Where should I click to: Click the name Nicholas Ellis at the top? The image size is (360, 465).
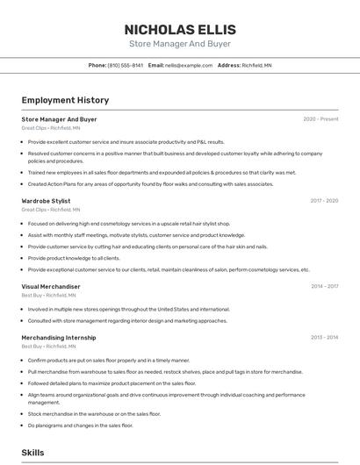[180, 29]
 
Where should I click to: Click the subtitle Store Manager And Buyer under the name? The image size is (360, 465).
[180, 43]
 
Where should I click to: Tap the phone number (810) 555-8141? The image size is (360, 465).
[125, 65]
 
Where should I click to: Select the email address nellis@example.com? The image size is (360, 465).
[189, 65]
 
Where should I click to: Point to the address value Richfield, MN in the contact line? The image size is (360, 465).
[256, 65]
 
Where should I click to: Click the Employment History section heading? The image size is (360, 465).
[65, 100]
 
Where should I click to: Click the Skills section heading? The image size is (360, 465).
[32, 453]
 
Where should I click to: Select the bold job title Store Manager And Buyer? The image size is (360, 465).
[59, 119]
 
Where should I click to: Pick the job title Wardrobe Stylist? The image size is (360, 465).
[46, 201]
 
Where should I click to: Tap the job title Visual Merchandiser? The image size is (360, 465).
[50, 286]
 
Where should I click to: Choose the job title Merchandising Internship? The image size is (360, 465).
[58, 337]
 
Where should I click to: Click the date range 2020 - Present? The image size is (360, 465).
[320, 119]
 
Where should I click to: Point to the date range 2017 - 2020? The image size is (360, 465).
[324, 201]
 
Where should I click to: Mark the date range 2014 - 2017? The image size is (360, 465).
[324, 286]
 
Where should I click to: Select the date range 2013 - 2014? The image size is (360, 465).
[324, 337]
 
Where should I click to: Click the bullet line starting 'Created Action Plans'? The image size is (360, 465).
[150, 184]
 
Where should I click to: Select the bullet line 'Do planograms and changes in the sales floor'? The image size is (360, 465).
[80, 426]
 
